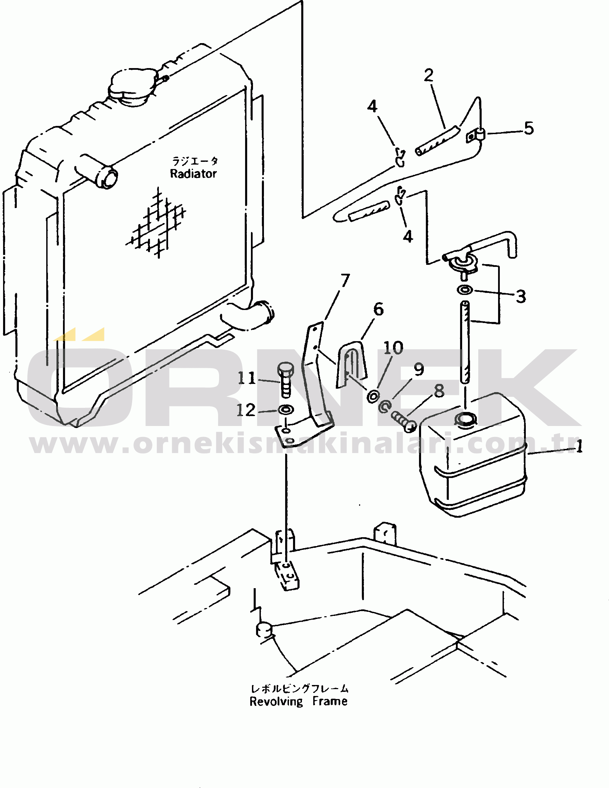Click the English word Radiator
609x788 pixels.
click(x=193, y=173)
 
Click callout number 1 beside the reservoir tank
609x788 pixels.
click(x=579, y=448)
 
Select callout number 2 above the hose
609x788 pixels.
click(x=429, y=75)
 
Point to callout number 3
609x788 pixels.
click(x=521, y=296)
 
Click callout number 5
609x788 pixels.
click(x=529, y=128)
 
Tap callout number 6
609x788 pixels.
click(x=378, y=309)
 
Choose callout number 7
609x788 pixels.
click(x=345, y=280)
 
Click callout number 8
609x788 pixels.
click(x=439, y=391)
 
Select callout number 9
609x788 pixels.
click(x=418, y=369)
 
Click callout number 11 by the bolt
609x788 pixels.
click(x=246, y=378)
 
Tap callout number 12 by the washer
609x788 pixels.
click(x=246, y=410)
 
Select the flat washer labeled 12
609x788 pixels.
click(x=286, y=410)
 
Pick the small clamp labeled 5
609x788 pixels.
click(x=476, y=135)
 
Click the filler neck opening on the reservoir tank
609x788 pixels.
click(x=466, y=419)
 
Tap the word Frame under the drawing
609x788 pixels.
click(x=330, y=701)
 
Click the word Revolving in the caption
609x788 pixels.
click(x=276, y=701)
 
